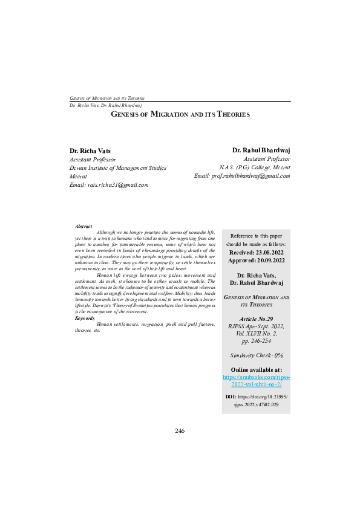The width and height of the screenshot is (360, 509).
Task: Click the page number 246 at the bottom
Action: click(180, 431)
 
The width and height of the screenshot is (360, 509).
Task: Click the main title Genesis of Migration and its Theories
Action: click(180, 114)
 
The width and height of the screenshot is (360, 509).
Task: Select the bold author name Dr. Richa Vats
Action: click(90, 151)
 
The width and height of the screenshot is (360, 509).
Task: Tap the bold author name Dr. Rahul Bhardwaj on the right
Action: click(261, 150)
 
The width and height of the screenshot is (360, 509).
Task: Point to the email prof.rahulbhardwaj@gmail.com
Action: click(242, 176)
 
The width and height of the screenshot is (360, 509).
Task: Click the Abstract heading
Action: click(83, 226)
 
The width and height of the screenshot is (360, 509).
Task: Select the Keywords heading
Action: click(85, 318)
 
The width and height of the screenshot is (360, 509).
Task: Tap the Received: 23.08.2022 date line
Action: click(257, 253)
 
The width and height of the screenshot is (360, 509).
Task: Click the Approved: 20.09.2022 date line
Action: click(257, 261)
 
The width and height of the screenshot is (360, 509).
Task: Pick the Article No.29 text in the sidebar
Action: click(257, 318)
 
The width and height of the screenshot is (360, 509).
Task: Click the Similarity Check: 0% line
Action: click(257, 355)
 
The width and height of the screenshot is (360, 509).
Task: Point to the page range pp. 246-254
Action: click(257, 341)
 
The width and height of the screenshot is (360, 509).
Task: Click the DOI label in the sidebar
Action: click(230, 397)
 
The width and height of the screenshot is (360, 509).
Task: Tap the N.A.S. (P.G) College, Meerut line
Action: click(254, 167)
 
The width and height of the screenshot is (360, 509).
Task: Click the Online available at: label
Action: click(257, 369)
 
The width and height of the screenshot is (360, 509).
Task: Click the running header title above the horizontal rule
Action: click(106, 98)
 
